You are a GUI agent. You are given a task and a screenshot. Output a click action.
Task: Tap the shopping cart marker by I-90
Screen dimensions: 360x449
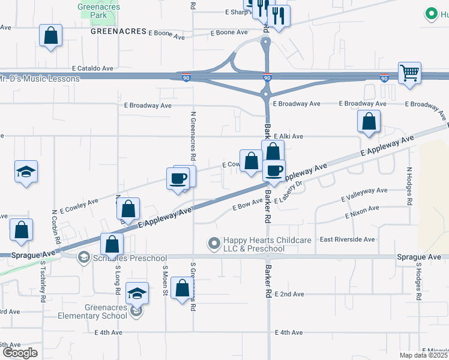pyautogui.click(x=409, y=74)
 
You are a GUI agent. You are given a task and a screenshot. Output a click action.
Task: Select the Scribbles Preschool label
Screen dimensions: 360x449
pyautogui.click(x=130, y=258)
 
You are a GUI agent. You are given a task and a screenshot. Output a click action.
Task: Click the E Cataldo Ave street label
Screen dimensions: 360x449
pyautogui.click(x=92, y=69)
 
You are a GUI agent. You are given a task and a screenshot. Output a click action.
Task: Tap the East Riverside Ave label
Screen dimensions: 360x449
pyautogui.click(x=347, y=239)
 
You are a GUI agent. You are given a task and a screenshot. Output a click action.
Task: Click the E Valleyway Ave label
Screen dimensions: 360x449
pyautogui.click(x=364, y=194)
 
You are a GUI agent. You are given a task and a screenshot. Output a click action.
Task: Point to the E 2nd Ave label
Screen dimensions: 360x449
pyautogui.click(x=289, y=294)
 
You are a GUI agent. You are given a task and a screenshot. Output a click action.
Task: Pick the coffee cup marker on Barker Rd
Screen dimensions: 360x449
pyautogui.click(x=274, y=171)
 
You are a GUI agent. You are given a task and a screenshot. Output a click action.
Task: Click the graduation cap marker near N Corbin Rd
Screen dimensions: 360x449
pyautogui.click(x=26, y=172)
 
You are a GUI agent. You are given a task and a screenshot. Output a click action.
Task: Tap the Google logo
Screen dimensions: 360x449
pyautogui.click(x=19, y=353)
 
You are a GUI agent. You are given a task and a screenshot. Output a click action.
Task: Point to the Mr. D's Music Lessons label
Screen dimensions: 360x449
pyautogui.click(x=40, y=79)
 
